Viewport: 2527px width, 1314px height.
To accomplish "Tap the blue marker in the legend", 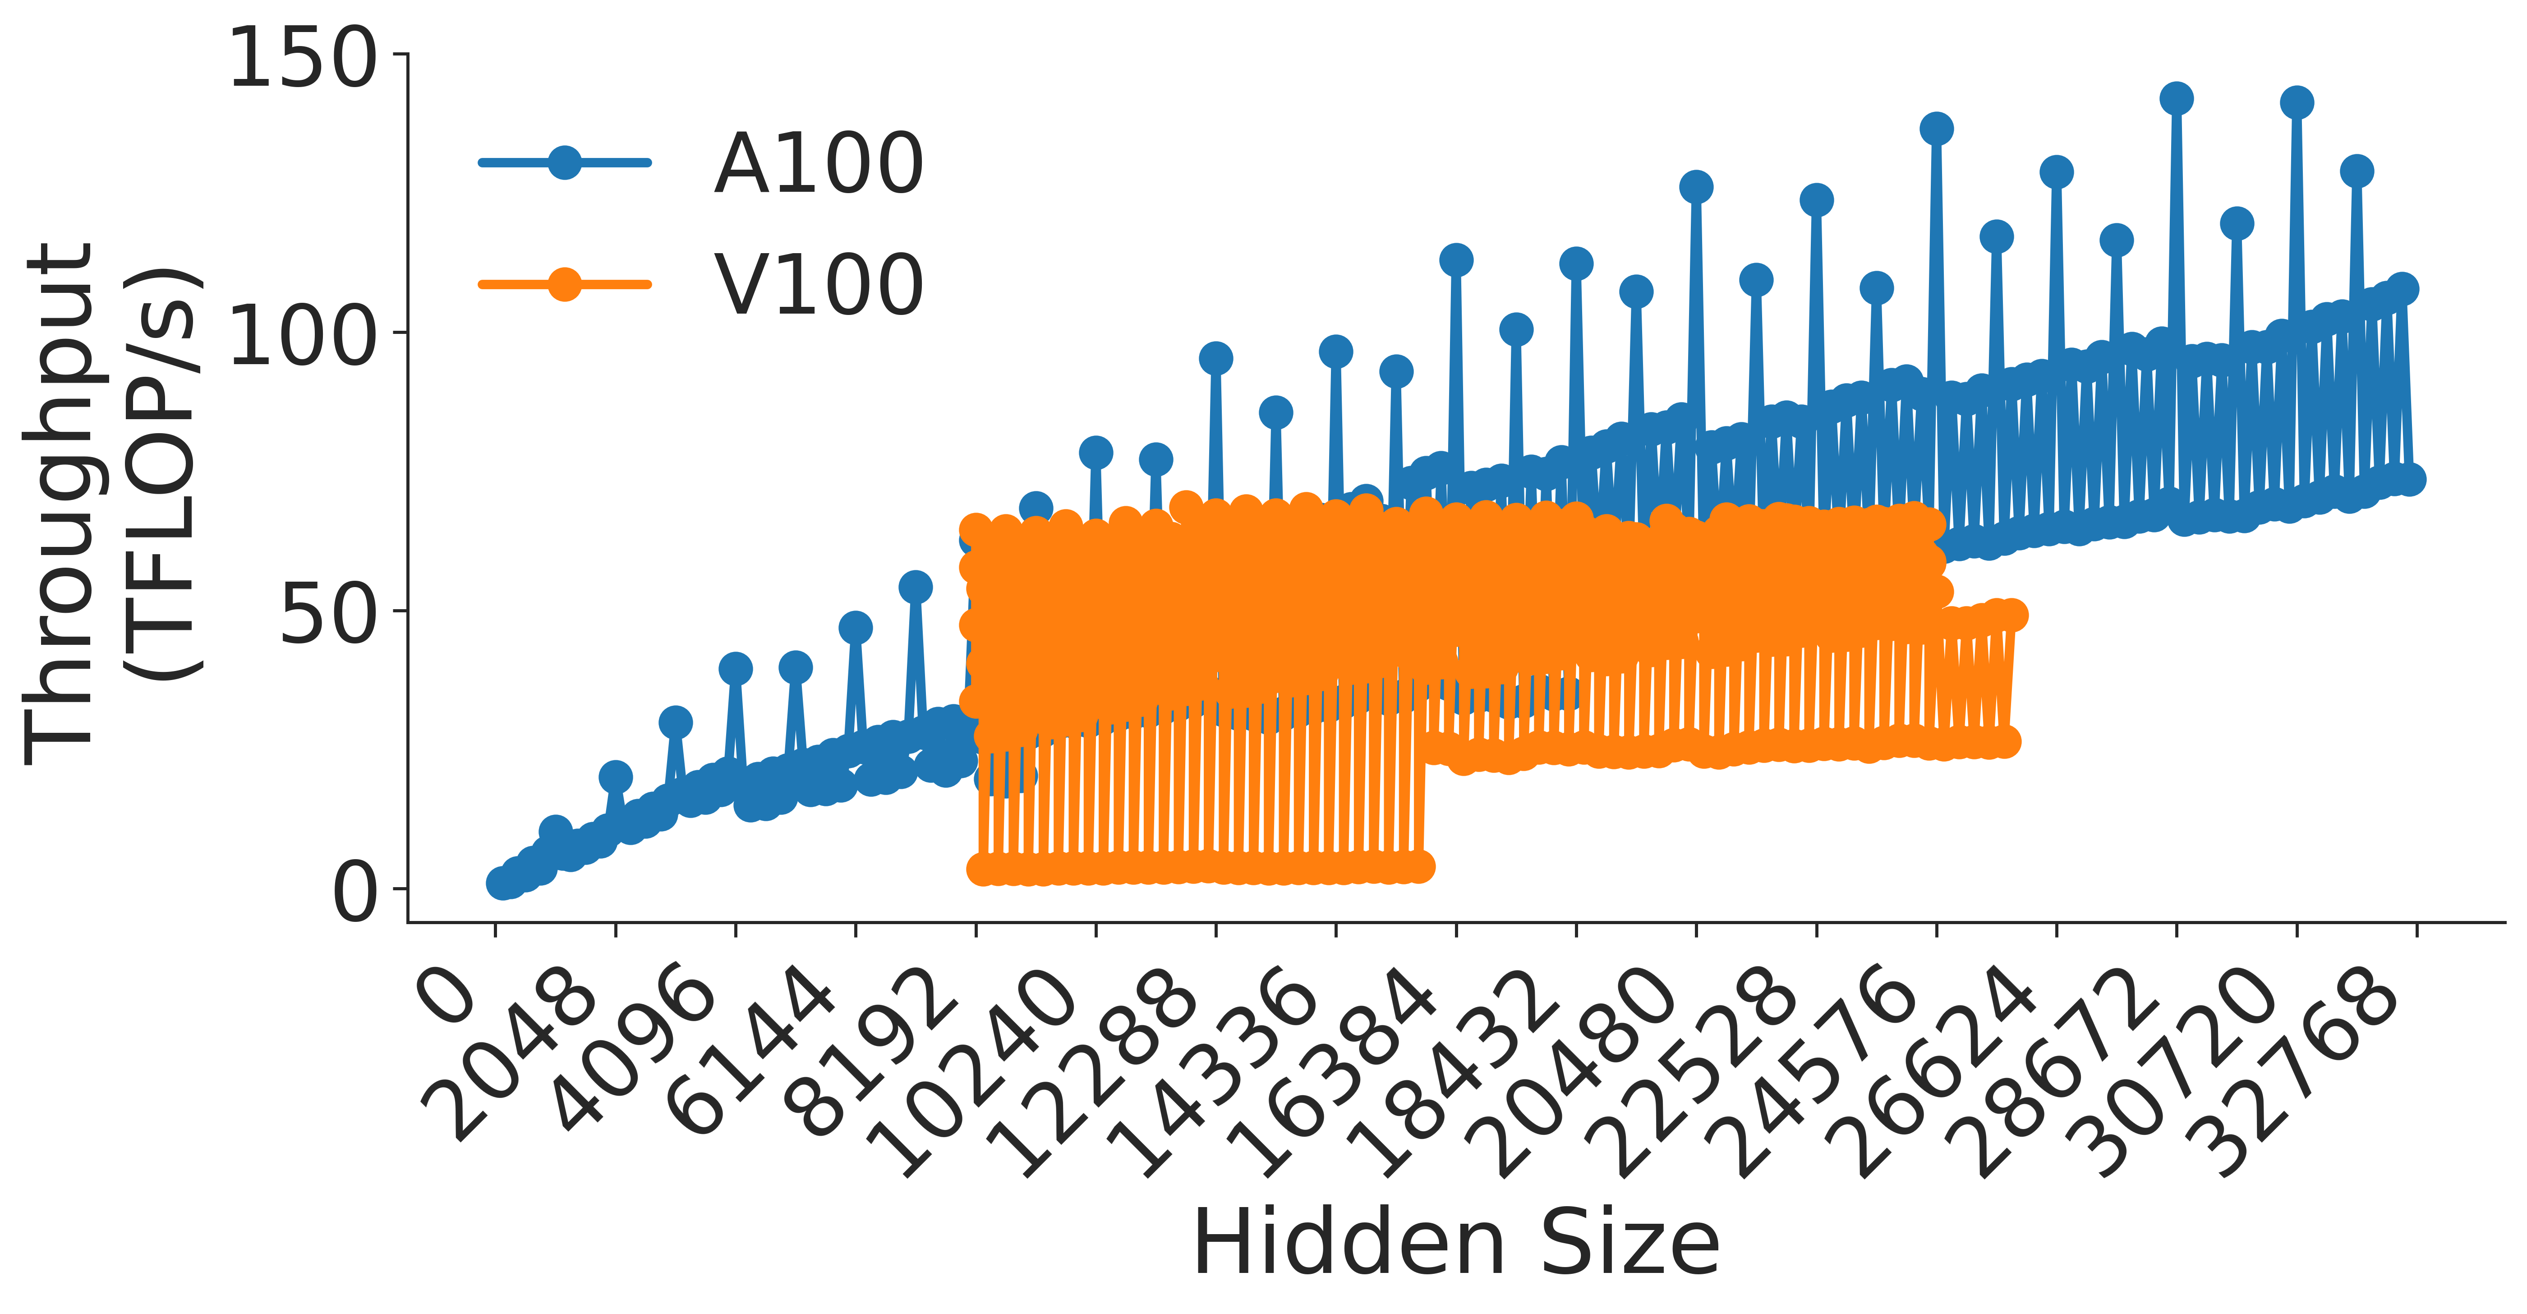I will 564,162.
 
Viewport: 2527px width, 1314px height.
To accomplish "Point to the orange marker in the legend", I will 564,285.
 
